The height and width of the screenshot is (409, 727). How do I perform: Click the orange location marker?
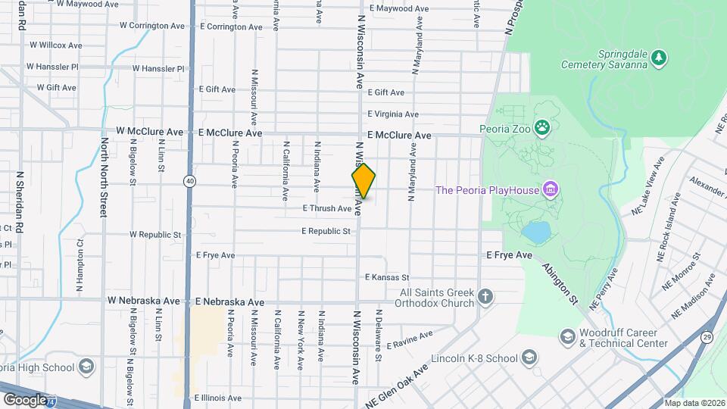coord(363,181)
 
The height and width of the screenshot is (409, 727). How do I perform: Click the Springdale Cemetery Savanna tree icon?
coord(660,57)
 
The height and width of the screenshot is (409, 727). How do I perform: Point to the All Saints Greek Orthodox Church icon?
coord(485,296)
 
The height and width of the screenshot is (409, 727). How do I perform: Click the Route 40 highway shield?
coord(189,181)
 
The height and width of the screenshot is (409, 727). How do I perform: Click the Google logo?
coord(25,399)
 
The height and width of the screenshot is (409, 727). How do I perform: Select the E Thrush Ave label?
coord(327,208)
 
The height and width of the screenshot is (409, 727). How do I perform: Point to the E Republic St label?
coord(326,231)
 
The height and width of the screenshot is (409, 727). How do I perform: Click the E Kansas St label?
coord(386,278)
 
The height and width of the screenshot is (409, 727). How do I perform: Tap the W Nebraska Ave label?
coord(144,301)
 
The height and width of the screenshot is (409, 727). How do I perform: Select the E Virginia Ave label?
coord(392,114)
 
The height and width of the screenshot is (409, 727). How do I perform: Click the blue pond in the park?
coord(535,232)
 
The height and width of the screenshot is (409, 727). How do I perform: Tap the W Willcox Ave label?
coord(55,45)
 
